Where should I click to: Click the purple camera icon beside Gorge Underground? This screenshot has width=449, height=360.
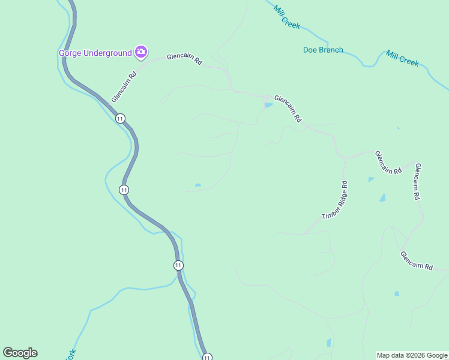click(141, 52)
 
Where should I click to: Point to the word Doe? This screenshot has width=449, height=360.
click(309, 50)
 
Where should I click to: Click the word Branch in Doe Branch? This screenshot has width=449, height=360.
click(331, 50)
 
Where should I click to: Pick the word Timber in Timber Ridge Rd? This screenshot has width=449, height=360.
click(330, 214)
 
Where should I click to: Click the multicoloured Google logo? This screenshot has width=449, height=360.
click(20, 353)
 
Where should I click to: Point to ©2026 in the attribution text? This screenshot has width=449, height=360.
click(414, 355)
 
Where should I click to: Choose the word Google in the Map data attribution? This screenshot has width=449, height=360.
click(435, 355)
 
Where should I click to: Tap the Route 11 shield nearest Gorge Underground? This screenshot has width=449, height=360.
click(121, 118)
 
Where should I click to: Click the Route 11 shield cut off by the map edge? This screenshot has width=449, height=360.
click(207, 357)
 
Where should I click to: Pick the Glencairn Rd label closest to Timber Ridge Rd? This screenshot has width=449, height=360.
click(388, 163)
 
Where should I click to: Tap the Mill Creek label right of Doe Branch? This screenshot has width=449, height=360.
click(402, 58)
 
